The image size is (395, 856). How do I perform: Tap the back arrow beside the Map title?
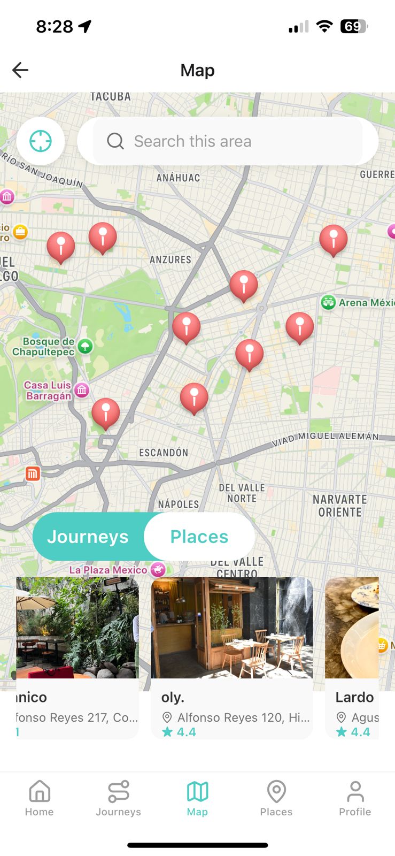click(20, 70)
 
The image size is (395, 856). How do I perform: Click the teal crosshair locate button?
click(41, 141)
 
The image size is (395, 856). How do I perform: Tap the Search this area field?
click(228, 141)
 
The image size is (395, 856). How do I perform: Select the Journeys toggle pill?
click(88, 537)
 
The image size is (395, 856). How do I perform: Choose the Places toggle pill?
click(199, 537)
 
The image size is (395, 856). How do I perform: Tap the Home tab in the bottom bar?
click(40, 798)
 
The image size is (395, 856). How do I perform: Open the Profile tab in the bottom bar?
click(355, 798)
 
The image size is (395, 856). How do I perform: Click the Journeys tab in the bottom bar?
click(118, 798)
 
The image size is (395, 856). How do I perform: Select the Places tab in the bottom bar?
click(276, 798)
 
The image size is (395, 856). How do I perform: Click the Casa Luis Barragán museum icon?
click(82, 390)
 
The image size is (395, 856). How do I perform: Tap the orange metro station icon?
click(33, 473)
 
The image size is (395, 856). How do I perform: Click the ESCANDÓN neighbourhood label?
click(164, 453)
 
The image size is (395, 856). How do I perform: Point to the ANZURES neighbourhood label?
click(170, 259)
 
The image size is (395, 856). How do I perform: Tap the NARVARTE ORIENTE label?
click(340, 506)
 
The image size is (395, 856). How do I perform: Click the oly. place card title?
click(173, 697)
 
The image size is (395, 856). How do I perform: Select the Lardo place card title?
click(354, 697)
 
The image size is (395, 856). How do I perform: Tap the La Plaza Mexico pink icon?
click(158, 569)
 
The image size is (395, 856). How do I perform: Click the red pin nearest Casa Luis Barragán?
click(106, 412)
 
